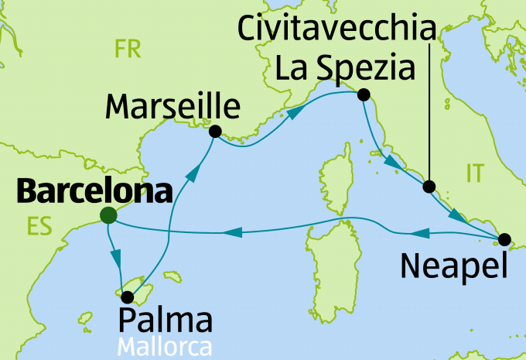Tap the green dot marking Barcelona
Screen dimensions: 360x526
click(x=108, y=216)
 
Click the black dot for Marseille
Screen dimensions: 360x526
click(x=215, y=131)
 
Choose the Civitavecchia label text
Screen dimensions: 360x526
click(x=335, y=31)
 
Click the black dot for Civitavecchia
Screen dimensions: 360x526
click(x=429, y=186)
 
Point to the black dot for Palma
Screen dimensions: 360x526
click(x=127, y=295)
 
